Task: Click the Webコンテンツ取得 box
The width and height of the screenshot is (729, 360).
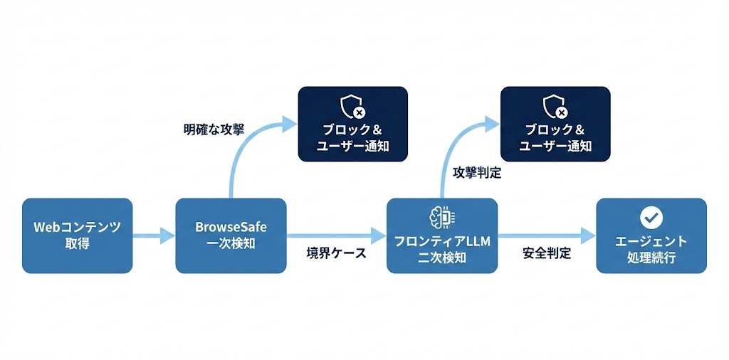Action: (x=77, y=235)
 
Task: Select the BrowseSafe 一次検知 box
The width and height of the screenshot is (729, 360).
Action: (x=231, y=235)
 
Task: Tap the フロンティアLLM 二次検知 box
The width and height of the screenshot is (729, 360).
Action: (x=441, y=235)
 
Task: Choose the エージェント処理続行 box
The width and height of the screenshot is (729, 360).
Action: (x=651, y=235)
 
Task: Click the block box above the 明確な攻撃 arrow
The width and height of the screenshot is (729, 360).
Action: (x=352, y=124)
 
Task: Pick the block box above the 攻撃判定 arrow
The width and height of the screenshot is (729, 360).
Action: (x=555, y=124)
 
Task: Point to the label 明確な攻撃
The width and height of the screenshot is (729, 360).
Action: (x=214, y=130)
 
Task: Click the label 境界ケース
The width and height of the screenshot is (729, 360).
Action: (x=336, y=253)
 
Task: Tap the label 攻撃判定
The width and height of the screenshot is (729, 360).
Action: (x=477, y=173)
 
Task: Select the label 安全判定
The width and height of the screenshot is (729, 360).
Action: (x=547, y=253)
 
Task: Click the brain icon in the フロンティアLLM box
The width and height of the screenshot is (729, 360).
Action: (x=441, y=218)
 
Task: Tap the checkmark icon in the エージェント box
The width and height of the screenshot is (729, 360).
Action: (x=651, y=217)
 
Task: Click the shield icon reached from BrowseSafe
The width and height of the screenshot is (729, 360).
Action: (x=352, y=107)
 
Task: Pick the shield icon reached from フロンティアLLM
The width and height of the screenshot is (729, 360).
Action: (x=555, y=107)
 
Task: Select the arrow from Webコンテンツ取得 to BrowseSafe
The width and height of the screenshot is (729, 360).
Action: (x=154, y=235)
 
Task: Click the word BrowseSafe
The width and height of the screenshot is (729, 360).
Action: (x=230, y=228)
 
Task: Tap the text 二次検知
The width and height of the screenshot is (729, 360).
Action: (x=441, y=257)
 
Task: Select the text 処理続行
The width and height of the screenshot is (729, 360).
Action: (x=651, y=257)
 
